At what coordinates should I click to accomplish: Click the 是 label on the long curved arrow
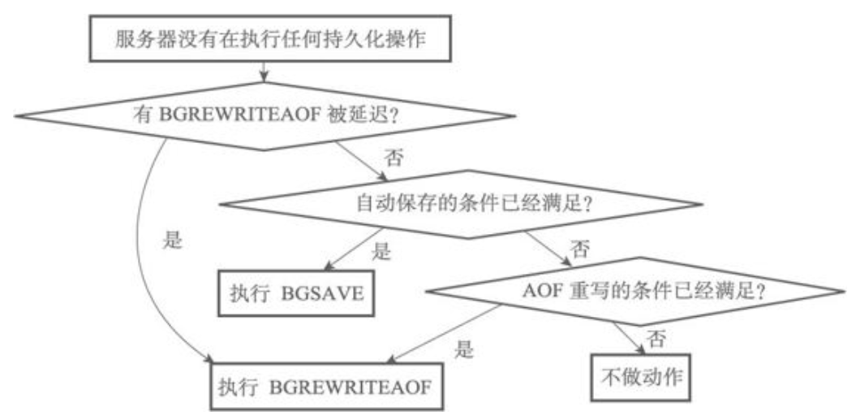coord(173,241)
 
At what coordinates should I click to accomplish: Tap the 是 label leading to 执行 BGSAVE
coord(381,251)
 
